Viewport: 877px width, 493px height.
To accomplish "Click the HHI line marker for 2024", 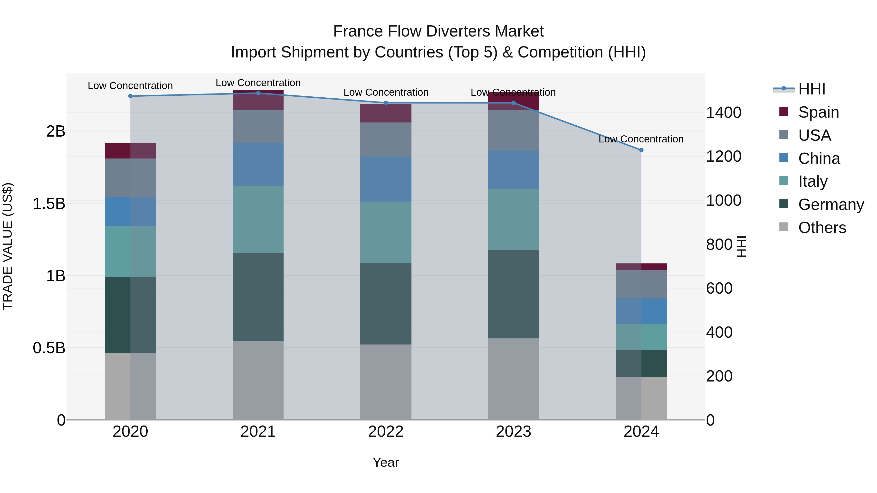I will point(641,150).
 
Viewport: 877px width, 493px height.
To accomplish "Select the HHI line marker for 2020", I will point(130,96).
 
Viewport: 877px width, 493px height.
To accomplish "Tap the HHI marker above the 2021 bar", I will point(258,93).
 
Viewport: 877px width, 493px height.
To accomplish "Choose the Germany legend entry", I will point(831,205).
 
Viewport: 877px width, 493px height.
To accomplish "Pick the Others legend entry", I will point(822,228).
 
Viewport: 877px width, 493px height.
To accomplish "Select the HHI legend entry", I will point(812,89).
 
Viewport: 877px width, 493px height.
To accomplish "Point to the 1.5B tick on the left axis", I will point(49,204).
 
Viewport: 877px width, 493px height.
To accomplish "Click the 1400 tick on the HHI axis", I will point(724,113).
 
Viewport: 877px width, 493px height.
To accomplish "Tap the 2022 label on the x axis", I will point(386,432).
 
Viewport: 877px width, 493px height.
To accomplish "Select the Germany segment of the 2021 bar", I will point(258,297).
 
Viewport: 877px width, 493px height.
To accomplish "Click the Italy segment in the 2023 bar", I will point(513,219).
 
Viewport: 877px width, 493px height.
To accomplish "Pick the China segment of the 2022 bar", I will point(386,179).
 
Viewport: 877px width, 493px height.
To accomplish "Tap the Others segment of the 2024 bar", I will point(641,398).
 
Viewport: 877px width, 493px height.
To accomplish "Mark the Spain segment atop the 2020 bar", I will point(130,150).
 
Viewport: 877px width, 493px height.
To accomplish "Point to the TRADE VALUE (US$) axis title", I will point(8,246).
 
